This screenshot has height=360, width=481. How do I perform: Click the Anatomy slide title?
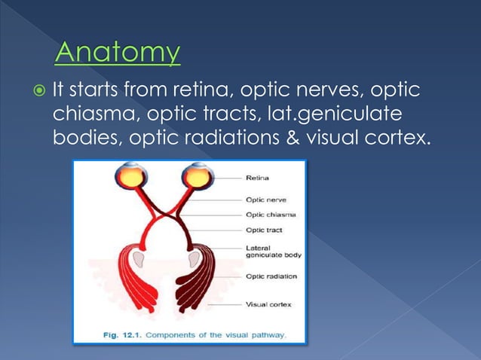(x=118, y=53)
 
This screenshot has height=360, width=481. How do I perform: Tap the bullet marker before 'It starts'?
(x=38, y=91)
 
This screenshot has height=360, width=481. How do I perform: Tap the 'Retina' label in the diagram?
(x=258, y=178)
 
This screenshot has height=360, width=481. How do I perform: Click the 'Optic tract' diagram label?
(x=264, y=230)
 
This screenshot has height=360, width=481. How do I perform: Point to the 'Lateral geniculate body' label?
(x=272, y=251)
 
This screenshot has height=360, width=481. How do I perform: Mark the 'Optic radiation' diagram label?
(x=271, y=276)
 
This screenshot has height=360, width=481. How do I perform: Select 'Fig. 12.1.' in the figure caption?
(x=125, y=334)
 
